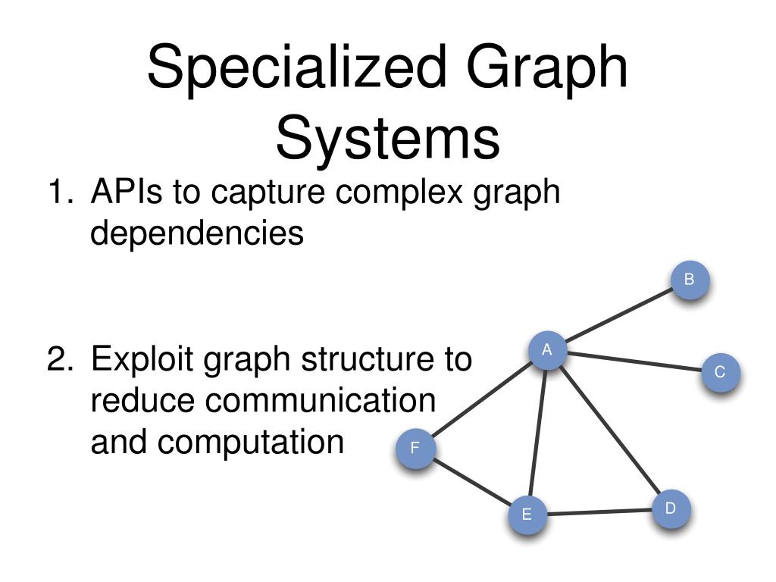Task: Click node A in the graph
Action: [546, 351]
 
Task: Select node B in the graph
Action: [690, 280]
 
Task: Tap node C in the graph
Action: [719, 373]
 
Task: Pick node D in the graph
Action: [671, 508]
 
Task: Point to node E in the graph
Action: [527, 515]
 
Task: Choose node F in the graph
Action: [415, 449]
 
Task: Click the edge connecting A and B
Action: [618, 316]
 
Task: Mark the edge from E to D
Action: [599, 512]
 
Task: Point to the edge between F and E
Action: [471, 482]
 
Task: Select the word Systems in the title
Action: [387, 139]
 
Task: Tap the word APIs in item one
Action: [127, 192]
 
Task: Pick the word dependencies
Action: [197, 233]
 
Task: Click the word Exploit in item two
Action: [141, 359]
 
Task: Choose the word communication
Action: [263, 400]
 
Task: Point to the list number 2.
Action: [59, 359]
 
